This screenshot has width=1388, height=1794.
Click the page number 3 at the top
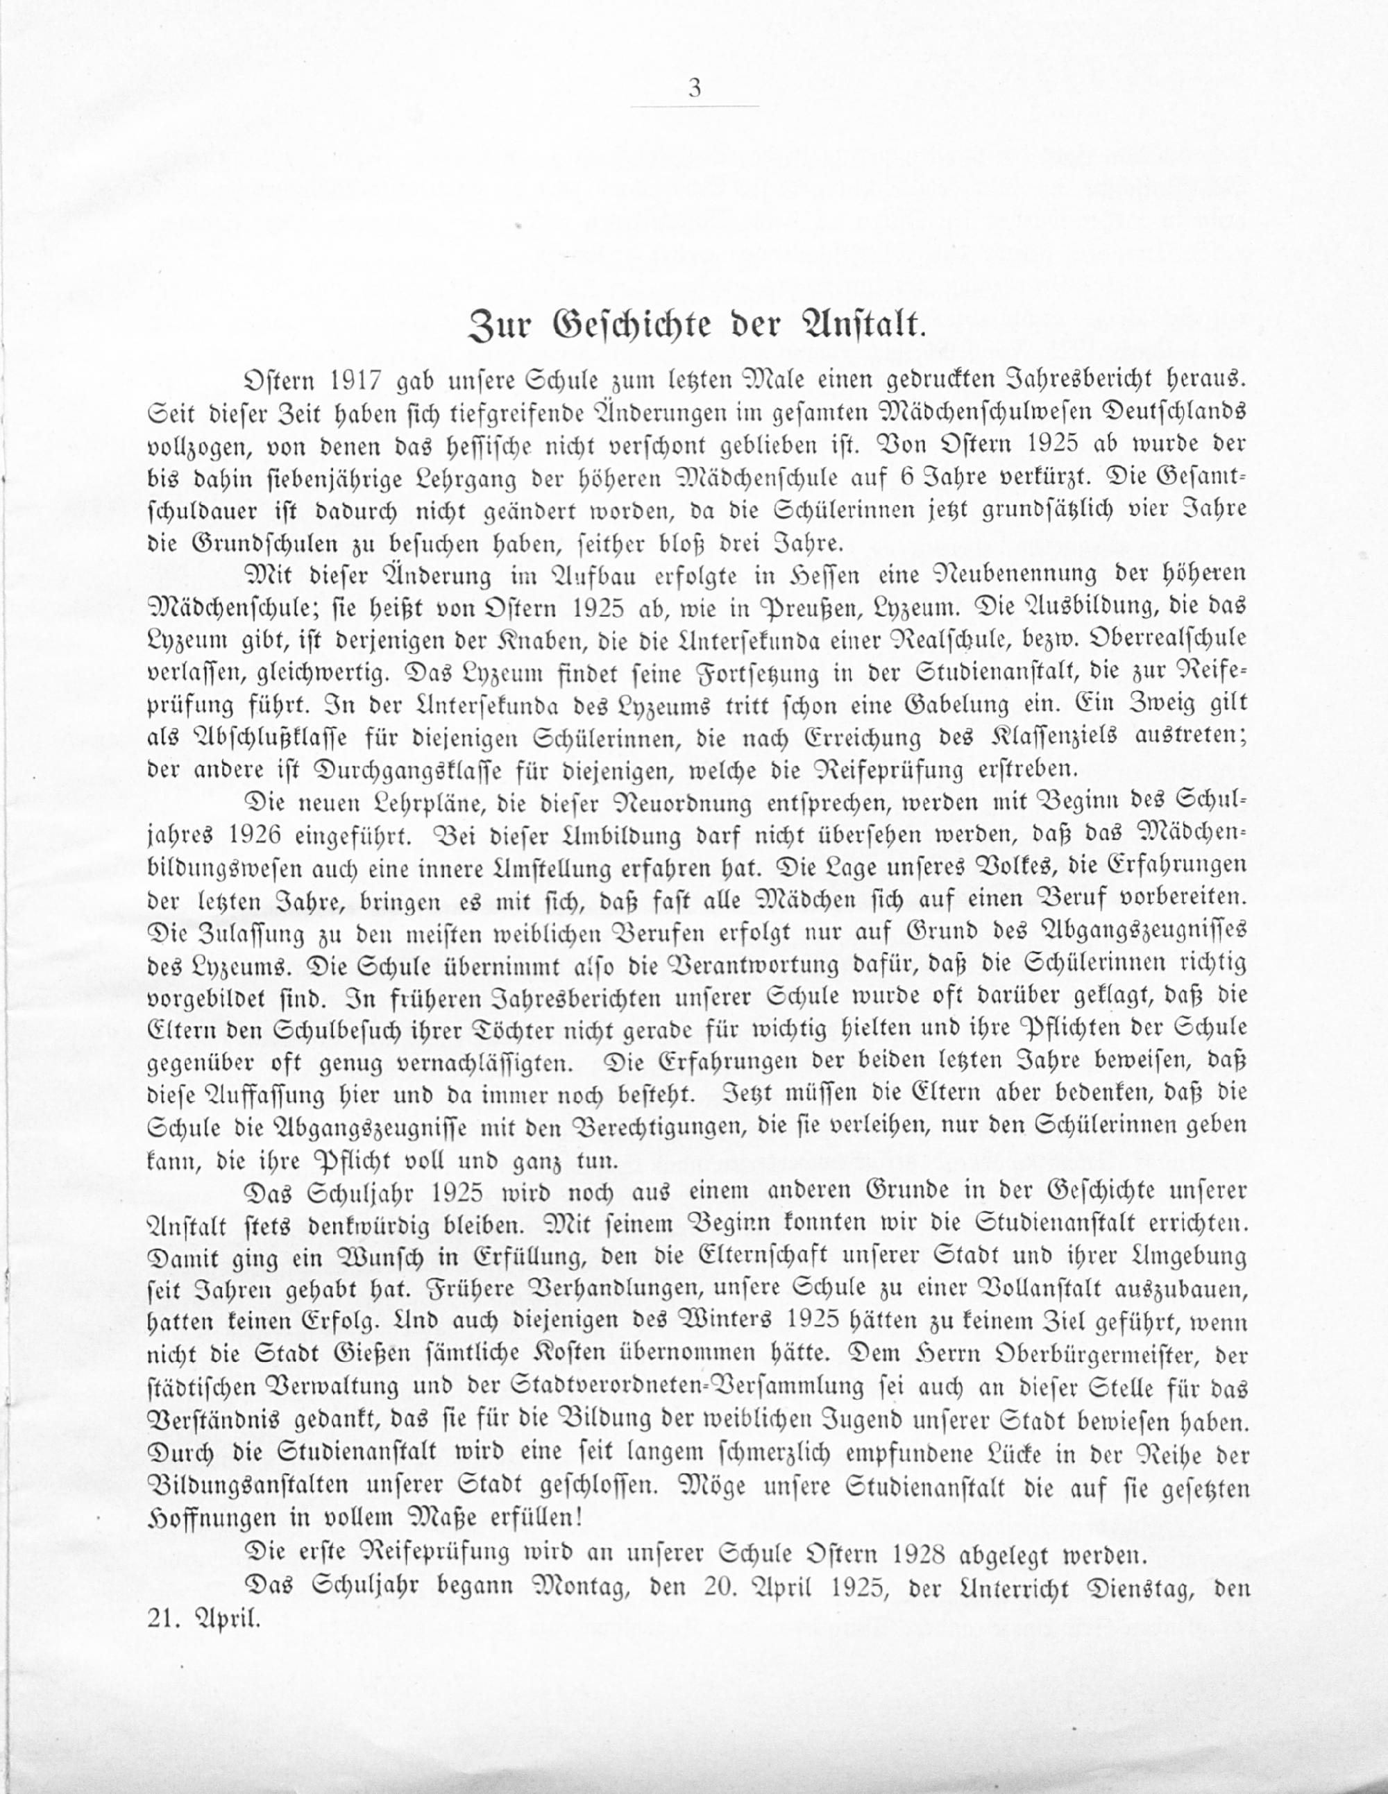click(695, 88)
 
